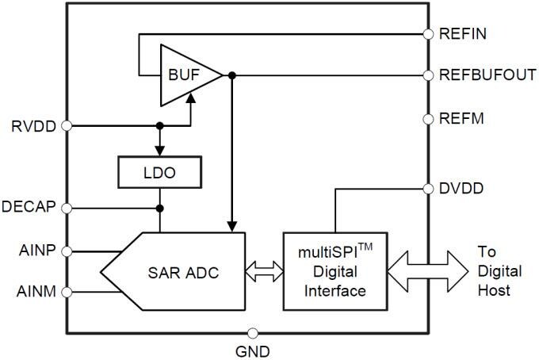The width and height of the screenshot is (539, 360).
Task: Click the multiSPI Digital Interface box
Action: click(x=335, y=271)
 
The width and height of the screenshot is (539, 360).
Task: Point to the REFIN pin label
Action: click(x=463, y=34)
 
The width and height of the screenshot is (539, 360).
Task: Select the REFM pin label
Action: click(x=461, y=119)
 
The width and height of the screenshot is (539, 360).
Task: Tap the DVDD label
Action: click(x=462, y=189)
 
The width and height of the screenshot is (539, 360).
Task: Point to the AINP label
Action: click(x=36, y=251)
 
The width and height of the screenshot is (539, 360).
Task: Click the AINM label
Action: click(x=36, y=292)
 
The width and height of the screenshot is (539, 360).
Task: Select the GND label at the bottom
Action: click(x=254, y=350)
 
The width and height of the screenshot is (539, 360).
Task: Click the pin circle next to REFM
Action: click(x=428, y=119)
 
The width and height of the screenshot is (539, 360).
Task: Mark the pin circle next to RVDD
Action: click(x=67, y=125)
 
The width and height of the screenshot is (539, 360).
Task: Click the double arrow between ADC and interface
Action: click(x=264, y=271)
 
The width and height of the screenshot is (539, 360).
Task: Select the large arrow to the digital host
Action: click(x=428, y=271)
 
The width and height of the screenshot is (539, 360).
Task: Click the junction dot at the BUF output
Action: click(x=231, y=76)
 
